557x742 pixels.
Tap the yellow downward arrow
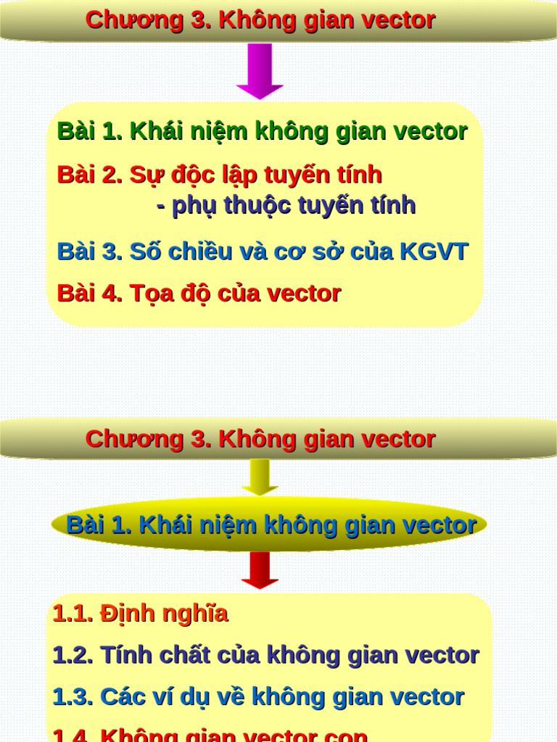(260, 476)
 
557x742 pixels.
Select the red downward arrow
(260, 570)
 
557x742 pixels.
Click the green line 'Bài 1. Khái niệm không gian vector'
(262, 132)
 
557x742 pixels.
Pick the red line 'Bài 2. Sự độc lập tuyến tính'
(219, 175)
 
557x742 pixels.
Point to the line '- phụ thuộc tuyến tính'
(286, 206)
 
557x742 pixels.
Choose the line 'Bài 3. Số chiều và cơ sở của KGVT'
(262, 252)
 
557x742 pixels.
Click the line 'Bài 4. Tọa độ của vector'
(199, 294)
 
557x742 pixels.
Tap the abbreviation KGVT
(434, 252)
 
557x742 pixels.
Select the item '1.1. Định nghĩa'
(140, 614)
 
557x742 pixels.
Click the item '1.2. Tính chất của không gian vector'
(265, 656)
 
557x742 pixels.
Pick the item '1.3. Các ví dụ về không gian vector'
(258, 698)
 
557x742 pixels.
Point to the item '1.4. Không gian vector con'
(210, 735)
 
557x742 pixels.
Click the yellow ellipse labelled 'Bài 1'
(269, 525)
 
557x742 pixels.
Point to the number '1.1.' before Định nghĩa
(73, 614)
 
